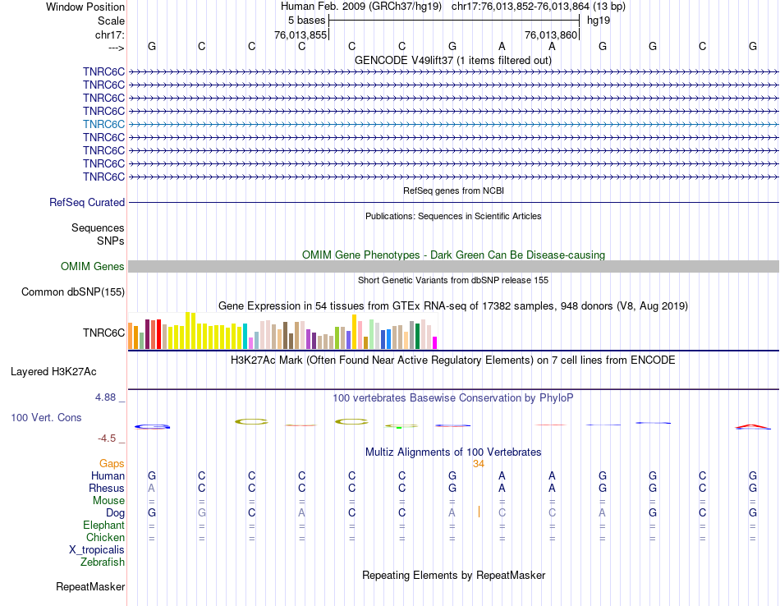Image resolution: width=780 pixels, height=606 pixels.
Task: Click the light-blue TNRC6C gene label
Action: (103, 124)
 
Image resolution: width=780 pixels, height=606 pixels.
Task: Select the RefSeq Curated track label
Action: (87, 203)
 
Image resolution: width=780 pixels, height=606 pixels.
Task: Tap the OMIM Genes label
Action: (93, 267)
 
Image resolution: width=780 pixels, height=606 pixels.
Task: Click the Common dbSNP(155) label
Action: (73, 292)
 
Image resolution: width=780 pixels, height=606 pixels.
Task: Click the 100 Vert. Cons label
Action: (46, 418)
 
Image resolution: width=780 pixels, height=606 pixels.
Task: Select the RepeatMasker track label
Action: (90, 587)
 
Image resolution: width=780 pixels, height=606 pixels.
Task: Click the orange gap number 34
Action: (479, 464)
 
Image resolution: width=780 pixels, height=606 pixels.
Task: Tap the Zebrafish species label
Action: (103, 562)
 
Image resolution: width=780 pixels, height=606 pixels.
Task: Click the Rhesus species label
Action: (107, 489)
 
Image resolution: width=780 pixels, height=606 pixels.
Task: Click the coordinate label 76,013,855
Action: (301, 34)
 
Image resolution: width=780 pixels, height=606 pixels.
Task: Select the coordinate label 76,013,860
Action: (551, 34)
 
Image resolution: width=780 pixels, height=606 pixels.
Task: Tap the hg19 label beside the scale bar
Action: (598, 20)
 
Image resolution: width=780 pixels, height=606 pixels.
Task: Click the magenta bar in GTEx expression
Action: (435, 342)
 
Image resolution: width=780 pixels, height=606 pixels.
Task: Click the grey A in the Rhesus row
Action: (151, 489)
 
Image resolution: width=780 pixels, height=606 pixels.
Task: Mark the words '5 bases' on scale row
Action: (306, 20)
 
